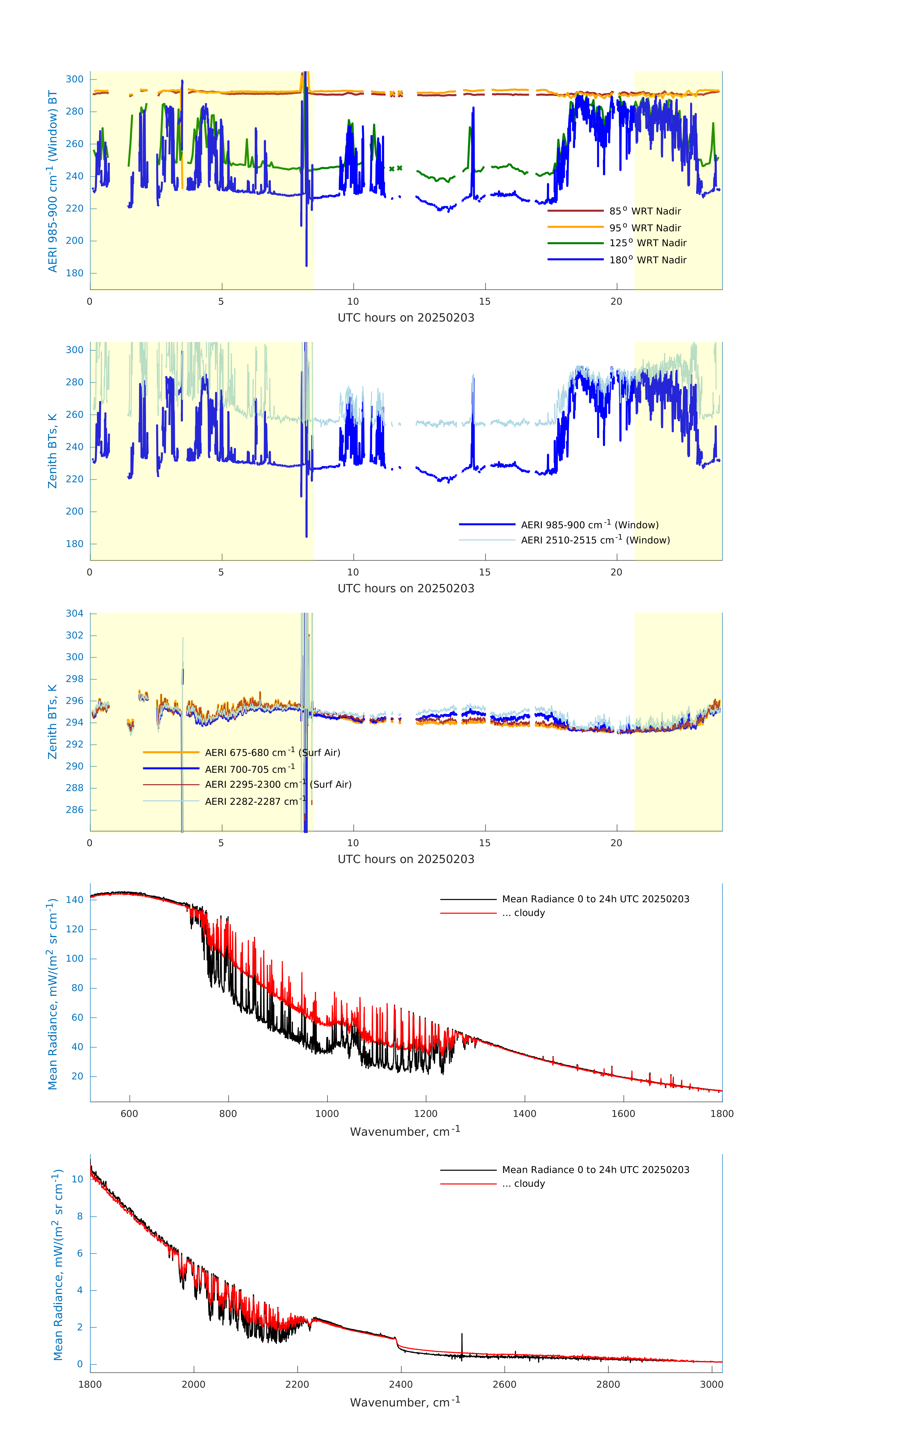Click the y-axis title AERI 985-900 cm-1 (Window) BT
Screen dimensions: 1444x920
(53, 181)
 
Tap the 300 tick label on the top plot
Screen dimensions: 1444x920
(75, 79)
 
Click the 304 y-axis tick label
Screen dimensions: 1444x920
(75, 613)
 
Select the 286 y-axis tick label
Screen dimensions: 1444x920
(75, 810)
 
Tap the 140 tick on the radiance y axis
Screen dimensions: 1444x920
(75, 900)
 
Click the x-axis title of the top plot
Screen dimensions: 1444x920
(406, 318)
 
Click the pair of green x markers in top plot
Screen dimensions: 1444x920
(396, 168)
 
